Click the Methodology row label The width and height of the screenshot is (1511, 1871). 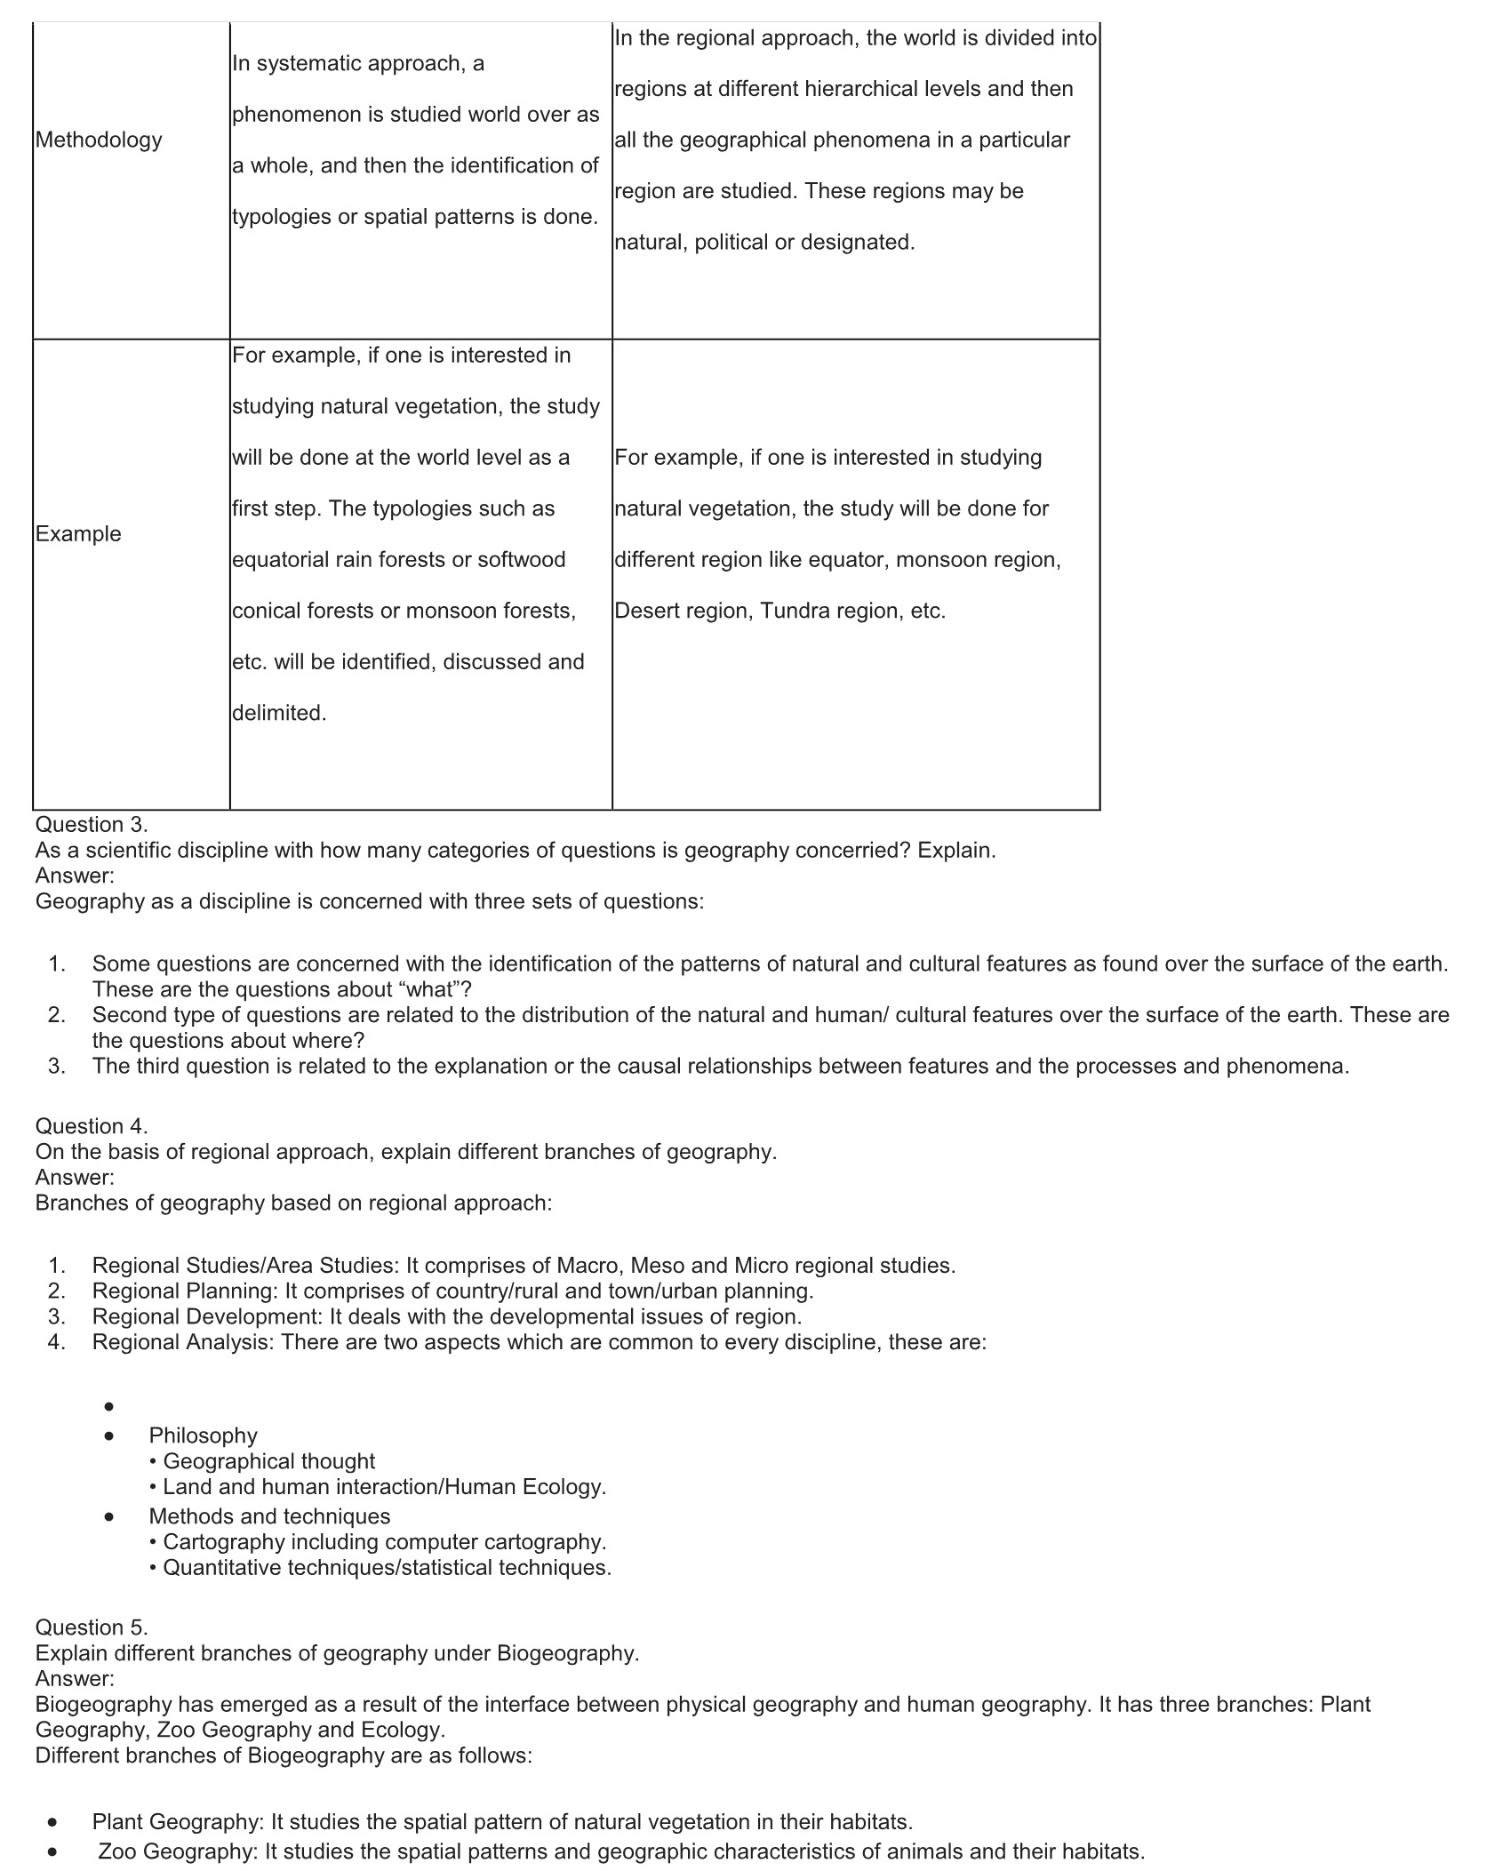[99, 140]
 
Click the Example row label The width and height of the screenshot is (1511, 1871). [78, 533]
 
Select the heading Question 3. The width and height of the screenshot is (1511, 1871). [92, 824]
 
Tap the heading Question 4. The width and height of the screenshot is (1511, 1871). [92, 1126]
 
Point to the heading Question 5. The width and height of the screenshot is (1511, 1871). [92, 1627]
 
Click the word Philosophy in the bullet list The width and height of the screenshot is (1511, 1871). [203, 1435]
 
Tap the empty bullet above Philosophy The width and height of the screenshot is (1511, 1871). [109, 1407]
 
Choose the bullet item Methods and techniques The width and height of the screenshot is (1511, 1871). [269, 1516]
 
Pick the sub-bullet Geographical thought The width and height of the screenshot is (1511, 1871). [268, 1461]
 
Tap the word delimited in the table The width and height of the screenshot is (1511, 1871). [279, 713]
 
